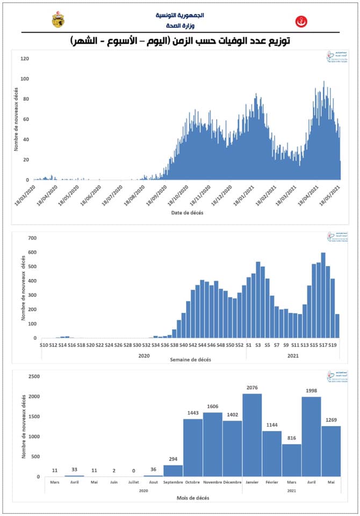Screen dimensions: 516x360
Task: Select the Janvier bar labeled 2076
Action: coord(252,435)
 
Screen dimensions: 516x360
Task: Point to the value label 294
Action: coord(173,459)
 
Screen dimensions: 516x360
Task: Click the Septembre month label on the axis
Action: coord(173,482)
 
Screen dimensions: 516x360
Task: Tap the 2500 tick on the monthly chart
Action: coord(33,377)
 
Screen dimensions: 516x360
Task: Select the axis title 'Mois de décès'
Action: coord(193,498)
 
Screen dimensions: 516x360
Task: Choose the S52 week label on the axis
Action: coord(240,345)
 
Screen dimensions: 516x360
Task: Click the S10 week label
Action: coord(45,345)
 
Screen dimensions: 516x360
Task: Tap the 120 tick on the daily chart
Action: coord(24,59)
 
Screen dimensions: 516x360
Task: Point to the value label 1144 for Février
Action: coord(272,425)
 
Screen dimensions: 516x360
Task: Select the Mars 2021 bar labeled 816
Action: coord(291,460)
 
